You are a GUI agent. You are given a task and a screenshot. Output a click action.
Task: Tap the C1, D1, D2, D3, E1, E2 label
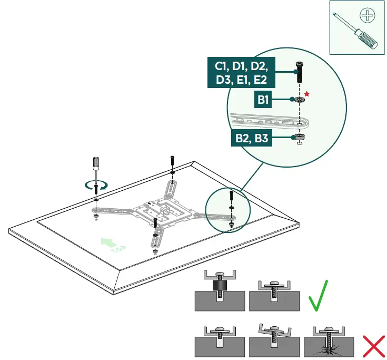pos(241,73)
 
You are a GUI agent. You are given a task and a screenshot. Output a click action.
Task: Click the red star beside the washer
pos(306,94)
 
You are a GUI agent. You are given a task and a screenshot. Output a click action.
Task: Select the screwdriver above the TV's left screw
pos(96,168)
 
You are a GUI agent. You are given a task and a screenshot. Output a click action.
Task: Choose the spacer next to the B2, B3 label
pos(299,137)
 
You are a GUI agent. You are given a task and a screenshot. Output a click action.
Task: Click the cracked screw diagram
pos(328,343)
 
